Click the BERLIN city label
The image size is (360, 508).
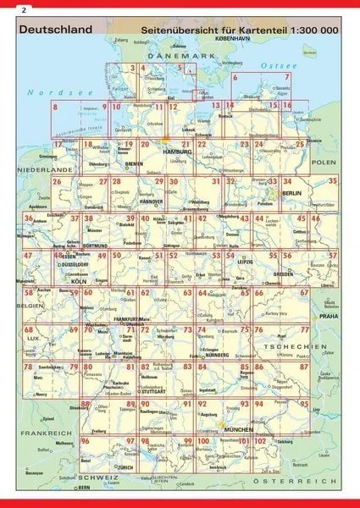(292, 194)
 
